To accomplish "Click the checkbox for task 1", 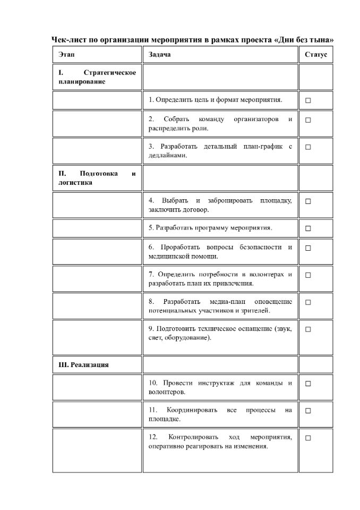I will (308, 100).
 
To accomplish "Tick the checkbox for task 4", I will (308, 201).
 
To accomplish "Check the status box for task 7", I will (308, 275).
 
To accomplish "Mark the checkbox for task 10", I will (308, 384).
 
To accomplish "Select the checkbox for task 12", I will (308, 438).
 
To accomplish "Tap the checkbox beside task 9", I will (308, 329).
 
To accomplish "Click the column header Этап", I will (67, 55).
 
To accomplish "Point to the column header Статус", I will (316, 55).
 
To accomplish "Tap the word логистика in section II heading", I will (75, 183).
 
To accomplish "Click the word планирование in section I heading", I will (82, 82).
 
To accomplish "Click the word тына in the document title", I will (321, 40).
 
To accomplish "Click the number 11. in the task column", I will (153, 410).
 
